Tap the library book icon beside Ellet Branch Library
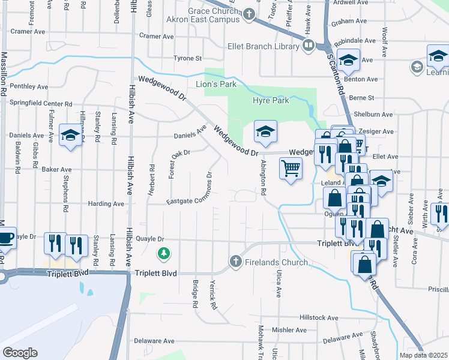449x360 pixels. (x=308, y=46)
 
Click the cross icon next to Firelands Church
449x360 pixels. (x=235, y=262)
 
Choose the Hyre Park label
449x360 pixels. (x=271, y=100)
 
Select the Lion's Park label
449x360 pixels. (x=216, y=84)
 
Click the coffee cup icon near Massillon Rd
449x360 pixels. (x=5, y=238)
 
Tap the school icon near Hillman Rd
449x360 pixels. (x=70, y=134)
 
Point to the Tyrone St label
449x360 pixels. (x=187, y=58)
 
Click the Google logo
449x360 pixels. (x=20, y=353)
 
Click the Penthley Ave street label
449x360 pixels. (x=29, y=86)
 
